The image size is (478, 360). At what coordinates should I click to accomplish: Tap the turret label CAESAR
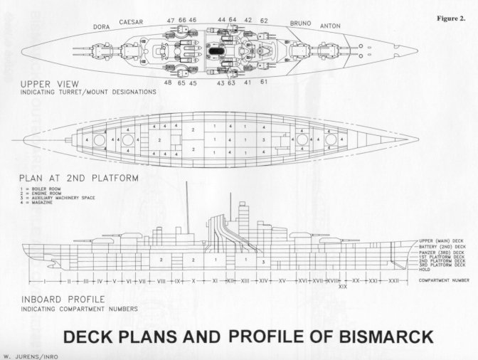(131, 21)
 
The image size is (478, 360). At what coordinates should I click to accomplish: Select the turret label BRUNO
(300, 23)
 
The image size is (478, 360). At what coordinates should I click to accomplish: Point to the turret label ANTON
(329, 26)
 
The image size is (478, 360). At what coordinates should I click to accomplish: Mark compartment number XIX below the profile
(343, 287)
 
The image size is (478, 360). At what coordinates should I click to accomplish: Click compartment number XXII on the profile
(393, 280)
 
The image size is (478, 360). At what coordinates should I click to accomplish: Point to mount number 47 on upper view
(171, 21)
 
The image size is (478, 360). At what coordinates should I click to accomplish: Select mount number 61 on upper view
(264, 83)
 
